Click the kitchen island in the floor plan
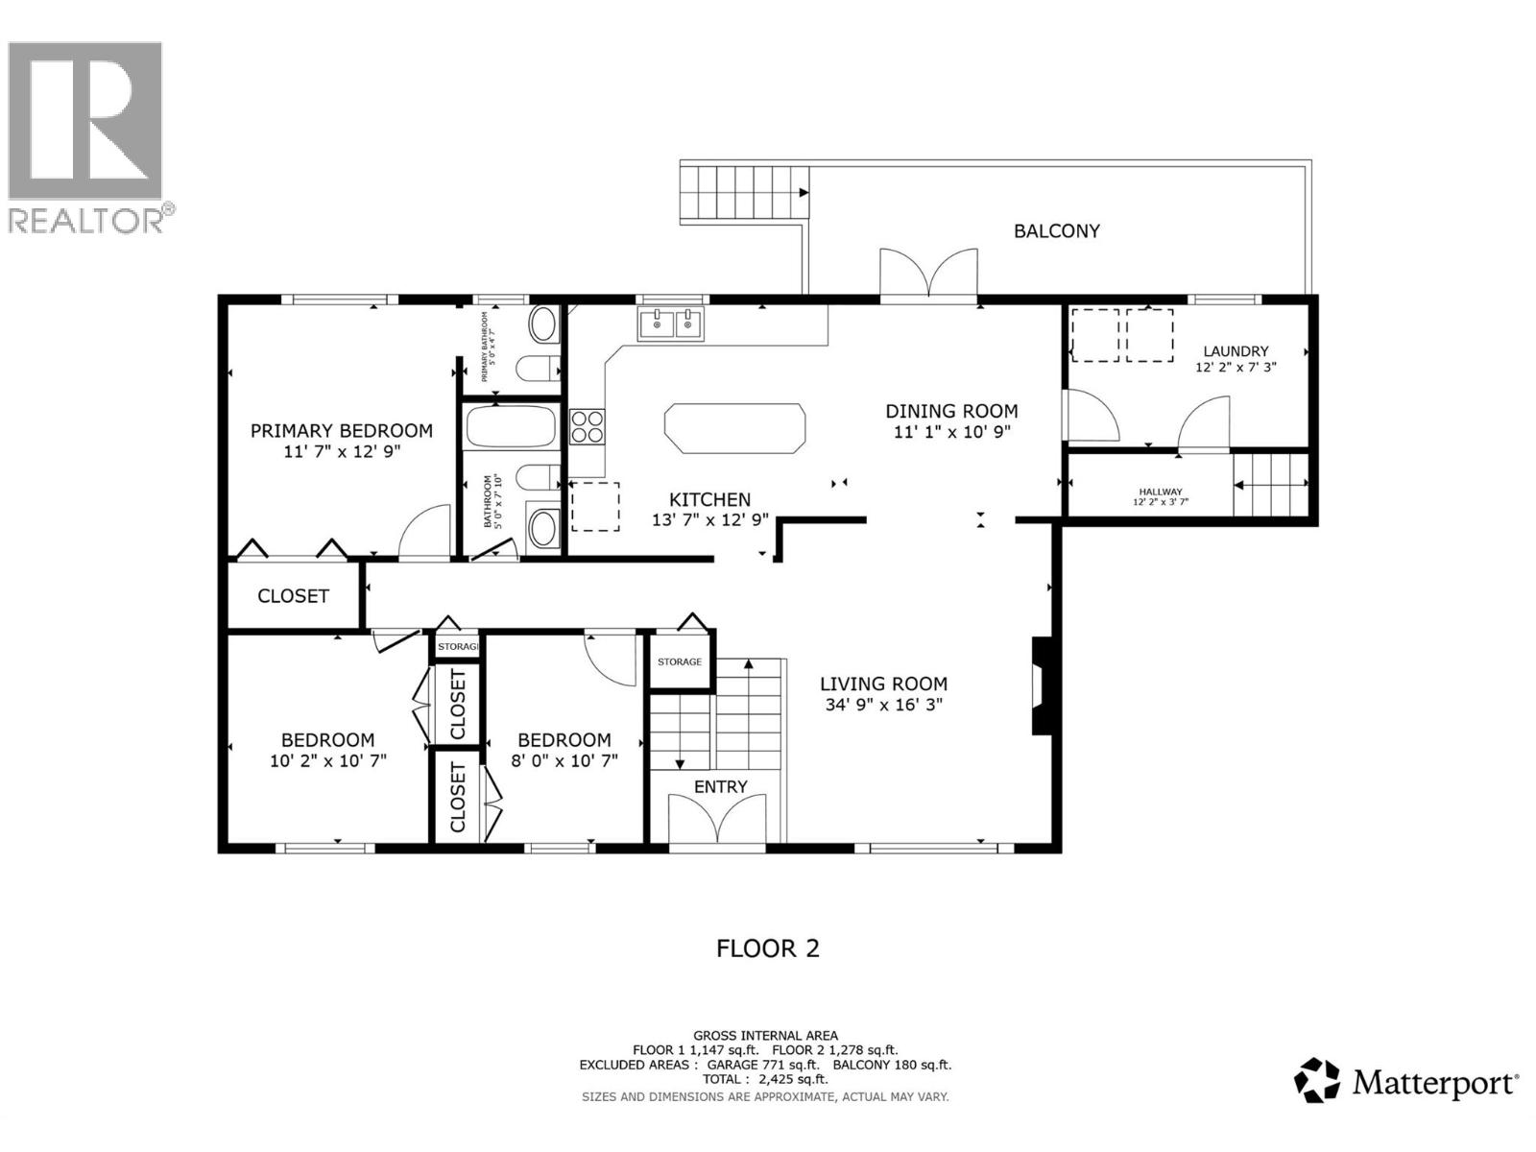pyautogui.click(x=734, y=427)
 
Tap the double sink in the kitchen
pyautogui.click(x=671, y=324)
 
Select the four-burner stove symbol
pyautogui.click(x=587, y=426)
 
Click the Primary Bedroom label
pyautogui.click(x=342, y=431)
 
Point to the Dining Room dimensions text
pyautogui.click(x=951, y=432)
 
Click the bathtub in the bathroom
pyautogui.click(x=511, y=427)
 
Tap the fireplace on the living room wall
pyautogui.click(x=1042, y=685)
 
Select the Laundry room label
pyautogui.click(x=1236, y=351)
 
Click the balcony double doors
pyautogui.click(x=928, y=276)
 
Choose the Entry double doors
pyautogui.click(x=718, y=822)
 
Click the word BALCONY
pyautogui.click(x=1056, y=230)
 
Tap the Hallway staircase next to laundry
pyautogui.click(x=1271, y=485)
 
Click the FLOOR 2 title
pyautogui.click(x=768, y=948)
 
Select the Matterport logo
pyautogui.click(x=1406, y=1083)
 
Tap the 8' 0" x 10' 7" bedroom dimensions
pyautogui.click(x=564, y=759)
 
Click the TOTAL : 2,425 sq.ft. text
pyautogui.click(x=765, y=1079)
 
